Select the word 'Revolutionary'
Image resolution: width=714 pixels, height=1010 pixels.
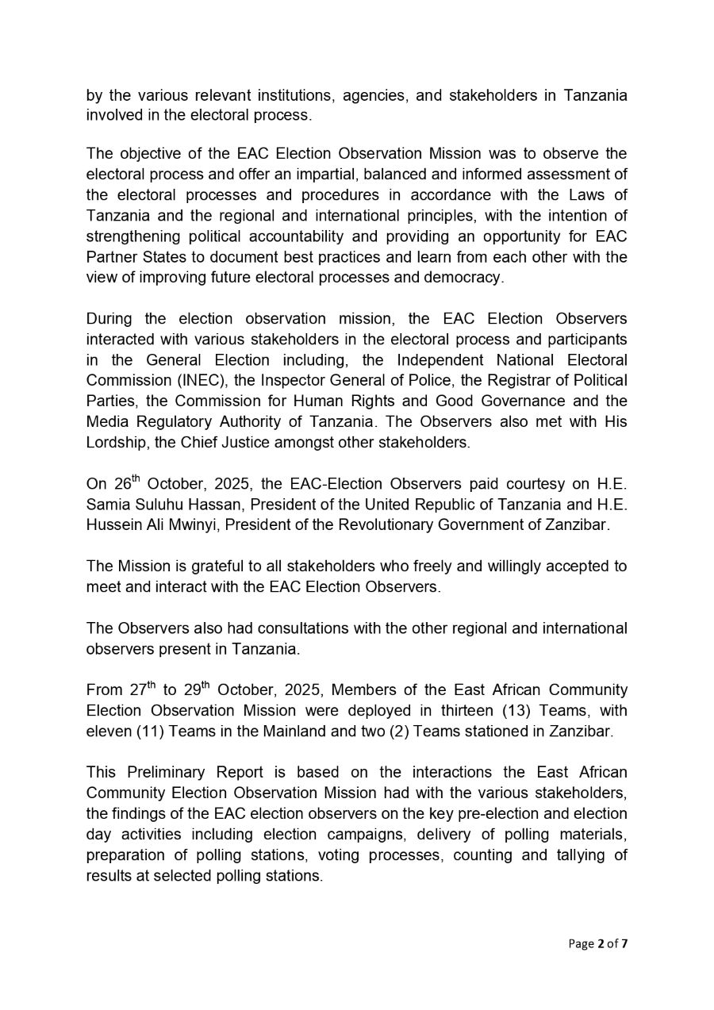[389, 524]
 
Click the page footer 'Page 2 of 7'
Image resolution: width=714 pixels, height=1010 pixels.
[597, 943]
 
